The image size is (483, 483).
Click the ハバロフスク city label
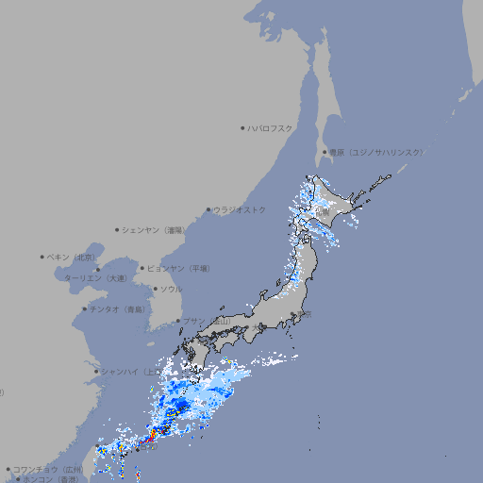tap(271, 127)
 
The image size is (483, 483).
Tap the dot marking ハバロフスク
tap(242, 127)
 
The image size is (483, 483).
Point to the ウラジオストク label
tap(240, 209)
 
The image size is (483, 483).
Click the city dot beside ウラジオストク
tap(208, 209)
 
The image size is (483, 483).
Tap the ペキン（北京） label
tap(72, 257)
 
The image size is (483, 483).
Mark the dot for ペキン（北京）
tap(42, 257)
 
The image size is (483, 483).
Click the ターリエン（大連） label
tap(95, 278)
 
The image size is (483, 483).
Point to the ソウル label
tap(171, 289)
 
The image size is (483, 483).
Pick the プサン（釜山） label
tap(206, 321)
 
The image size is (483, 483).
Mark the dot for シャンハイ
tap(95, 371)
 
